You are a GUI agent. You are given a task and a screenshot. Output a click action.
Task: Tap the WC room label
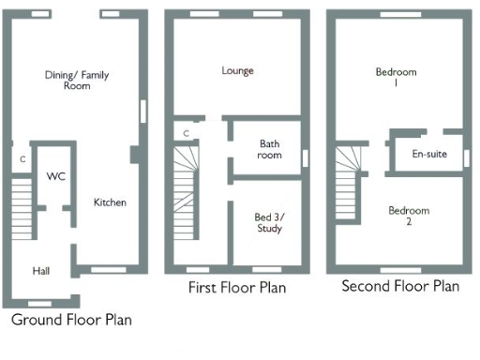pos(55,176)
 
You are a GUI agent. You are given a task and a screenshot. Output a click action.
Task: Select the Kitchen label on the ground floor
pos(110,202)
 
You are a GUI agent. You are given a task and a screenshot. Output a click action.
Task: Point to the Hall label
pos(40,271)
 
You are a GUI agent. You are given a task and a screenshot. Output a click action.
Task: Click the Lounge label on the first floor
pos(237,70)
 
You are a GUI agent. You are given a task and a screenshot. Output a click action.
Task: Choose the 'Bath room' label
pos(270,150)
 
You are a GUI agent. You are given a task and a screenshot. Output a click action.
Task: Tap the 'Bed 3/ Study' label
pos(270,222)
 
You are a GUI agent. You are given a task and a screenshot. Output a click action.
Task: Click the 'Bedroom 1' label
pos(396,78)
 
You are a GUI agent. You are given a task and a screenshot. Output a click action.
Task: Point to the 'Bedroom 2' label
pos(409,217)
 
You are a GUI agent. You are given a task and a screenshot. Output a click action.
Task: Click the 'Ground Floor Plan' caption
pos(71,320)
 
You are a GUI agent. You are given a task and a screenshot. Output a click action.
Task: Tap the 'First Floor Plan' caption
pos(237,288)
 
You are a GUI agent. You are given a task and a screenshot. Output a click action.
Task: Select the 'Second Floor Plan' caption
pos(400,286)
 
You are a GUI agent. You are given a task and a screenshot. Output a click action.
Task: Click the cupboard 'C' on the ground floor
pos(22,159)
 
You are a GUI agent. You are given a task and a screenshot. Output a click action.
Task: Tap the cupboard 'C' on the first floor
pos(187,133)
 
